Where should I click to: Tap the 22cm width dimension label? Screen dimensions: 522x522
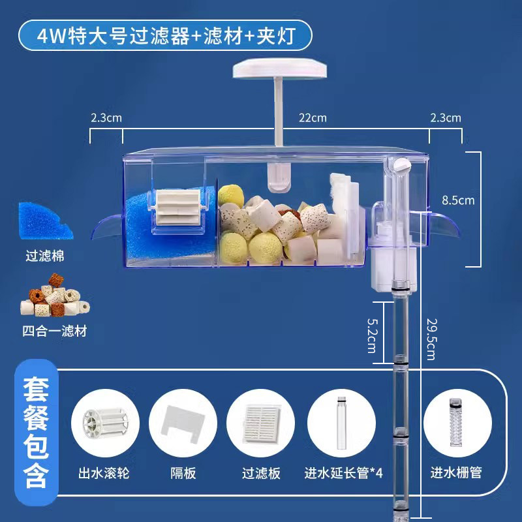(313, 118)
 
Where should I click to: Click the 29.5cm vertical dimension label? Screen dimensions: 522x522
(430, 339)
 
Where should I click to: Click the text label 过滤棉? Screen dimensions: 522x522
(46, 256)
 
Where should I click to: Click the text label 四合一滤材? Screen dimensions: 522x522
(54, 331)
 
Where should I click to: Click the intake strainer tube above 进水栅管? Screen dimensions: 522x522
(456, 425)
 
